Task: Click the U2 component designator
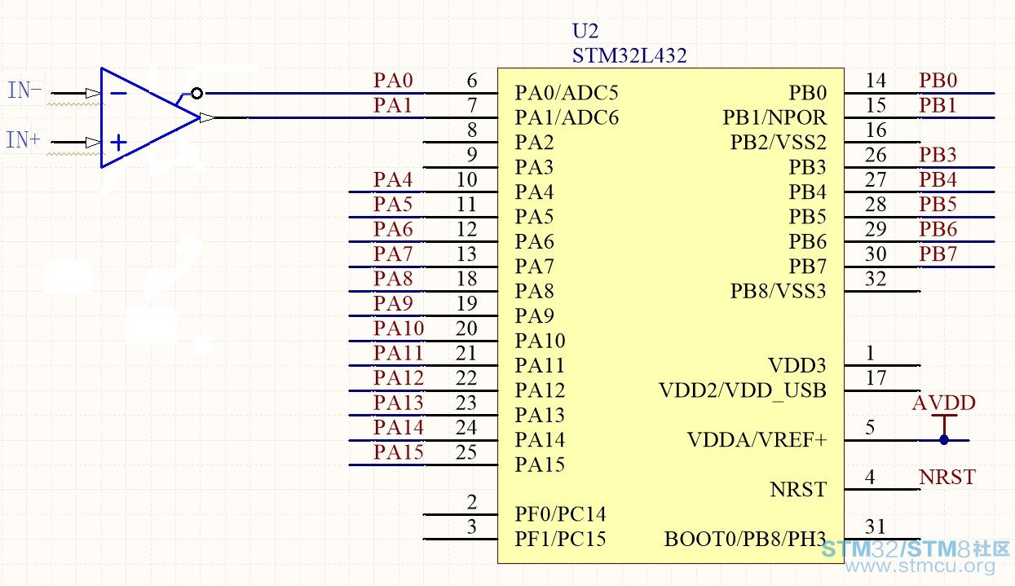pyautogui.click(x=585, y=31)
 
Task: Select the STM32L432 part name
pyautogui.click(x=629, y=55)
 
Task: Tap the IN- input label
pyautogui.click(x=24, y=90)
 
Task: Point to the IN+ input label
pyautogui.click(x=23, y=139)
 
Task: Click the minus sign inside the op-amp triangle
pyautogui.click(x=119, y=93)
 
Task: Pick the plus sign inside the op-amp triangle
pyautogui.click(x=119, y=143)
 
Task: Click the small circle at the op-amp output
pyautogui.click(x=196, y=93)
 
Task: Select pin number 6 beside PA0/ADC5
pyautogui.click(x=472, y=81)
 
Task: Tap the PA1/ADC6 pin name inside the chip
pyautogui.click(x=567, y=117)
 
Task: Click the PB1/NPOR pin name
pyautogui.click(x=774, y=117)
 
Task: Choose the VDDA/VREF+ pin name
pyautogui.click(x=757, y=440)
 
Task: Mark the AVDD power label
pyautogui.click(x=944, y=403)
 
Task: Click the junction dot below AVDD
pyautogui.click(x=944, y=440)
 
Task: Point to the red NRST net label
pyautogui.click(x=947, y=477)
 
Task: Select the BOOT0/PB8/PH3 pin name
pyautogui.click(x=745, y=539)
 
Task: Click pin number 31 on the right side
pyautogui.click(x=875, y=527)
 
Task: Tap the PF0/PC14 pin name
pyautogui.click(x=560, y=514)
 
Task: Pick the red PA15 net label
pyautogui.click(x=399, y=452)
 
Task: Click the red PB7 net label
pyautogui.click(x=938, y=253)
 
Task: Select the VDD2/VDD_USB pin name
pyautogui.click(x=743, y=390)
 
